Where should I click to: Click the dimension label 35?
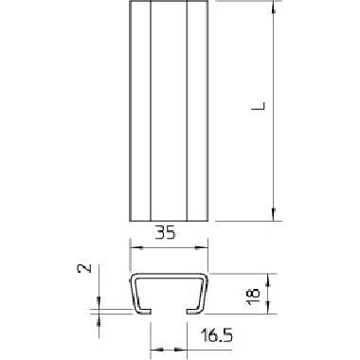click(165, 233)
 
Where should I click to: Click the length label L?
click(259, 106)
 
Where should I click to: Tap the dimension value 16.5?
click(217, 335)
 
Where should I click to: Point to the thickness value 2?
click(84, 268)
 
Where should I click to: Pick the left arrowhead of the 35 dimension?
click(136, 248)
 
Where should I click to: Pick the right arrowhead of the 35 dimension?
click(202, 248)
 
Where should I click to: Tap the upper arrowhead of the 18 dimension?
click(268, 280)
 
